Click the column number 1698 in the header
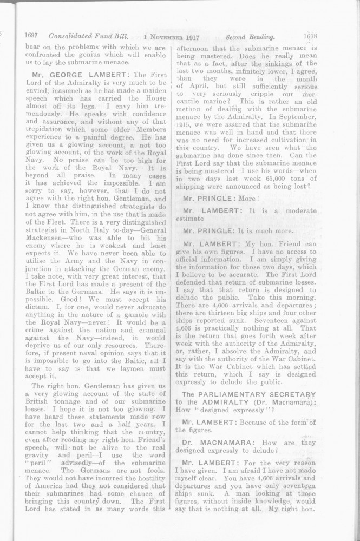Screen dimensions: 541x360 [x=310, y=37]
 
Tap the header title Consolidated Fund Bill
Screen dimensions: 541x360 [x=88, y=37]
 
